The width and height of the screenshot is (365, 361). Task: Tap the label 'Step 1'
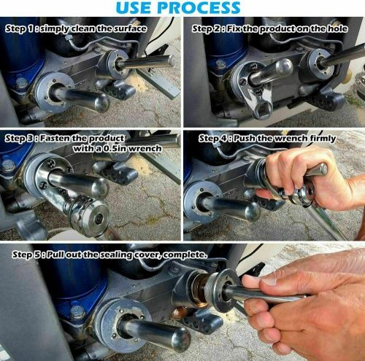click(x=22, y=28)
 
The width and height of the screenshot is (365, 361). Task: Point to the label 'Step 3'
click(x=22, y=138)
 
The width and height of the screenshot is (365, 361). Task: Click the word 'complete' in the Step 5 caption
click(x=185, y=255)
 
